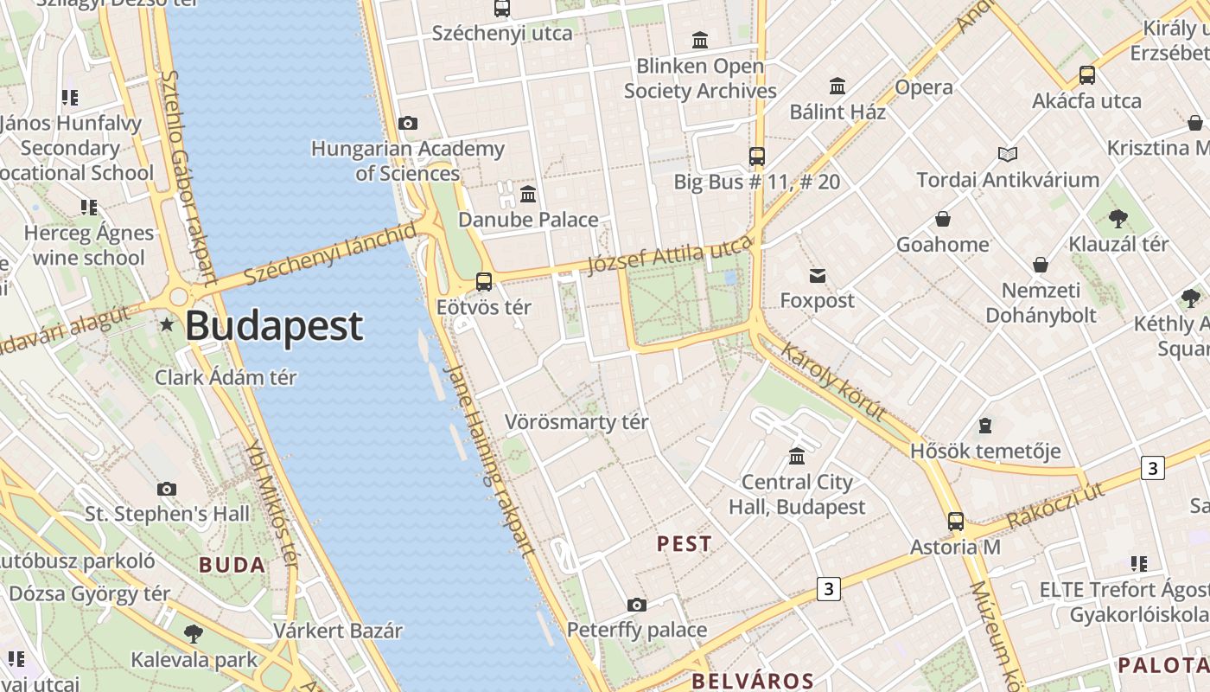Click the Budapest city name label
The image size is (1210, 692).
click(274, 326)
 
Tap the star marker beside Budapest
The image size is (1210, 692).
click(167, 325)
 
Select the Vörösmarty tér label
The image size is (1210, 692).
click(576, 422)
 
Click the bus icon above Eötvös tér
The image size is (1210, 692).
click(484, 282)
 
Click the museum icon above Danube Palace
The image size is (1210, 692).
click(528, 194)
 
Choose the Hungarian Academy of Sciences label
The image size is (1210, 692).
click(407, 161)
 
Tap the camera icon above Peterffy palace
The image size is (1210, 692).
click(637, 605)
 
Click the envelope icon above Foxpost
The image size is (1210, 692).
click(818, 276)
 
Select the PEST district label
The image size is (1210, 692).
click(685, 544)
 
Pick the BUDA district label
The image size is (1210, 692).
click(232, 566)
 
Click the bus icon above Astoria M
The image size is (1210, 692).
click(955, 522)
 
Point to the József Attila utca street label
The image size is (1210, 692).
click(670, 255)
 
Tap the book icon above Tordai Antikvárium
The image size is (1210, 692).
click(1008, 155)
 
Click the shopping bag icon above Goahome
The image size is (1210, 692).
click(943, 220)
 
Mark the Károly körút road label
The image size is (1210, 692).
click(833, 381)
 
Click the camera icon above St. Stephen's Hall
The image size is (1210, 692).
click(167, 490)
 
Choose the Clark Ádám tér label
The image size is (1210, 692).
click(226, 377)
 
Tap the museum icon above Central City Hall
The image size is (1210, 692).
click(797, 457)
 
